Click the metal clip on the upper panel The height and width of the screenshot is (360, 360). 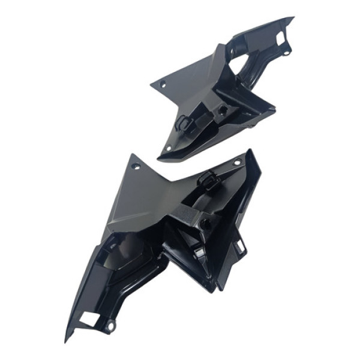click(184, 123)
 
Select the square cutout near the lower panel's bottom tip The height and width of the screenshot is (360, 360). click(88, 320)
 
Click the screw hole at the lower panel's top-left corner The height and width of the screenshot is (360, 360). click(136, 165)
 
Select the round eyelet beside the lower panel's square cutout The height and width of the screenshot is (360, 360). click(110, 327)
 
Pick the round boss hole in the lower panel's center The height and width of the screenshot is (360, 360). click(205, 223)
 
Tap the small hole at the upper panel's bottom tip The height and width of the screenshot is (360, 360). click(169, 148)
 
